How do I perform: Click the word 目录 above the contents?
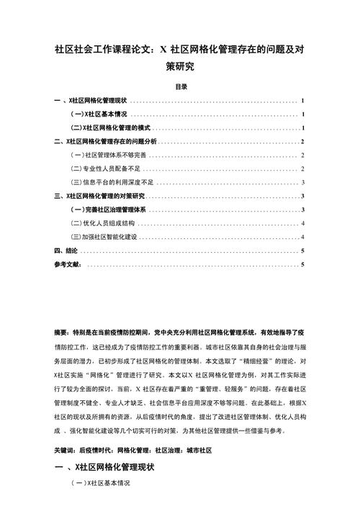[181, 86]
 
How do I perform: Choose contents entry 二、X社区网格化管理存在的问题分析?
[104, 141]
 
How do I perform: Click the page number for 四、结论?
[303, 251]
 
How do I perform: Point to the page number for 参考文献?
[303, 264]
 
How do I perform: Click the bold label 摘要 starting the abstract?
[60, 333]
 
